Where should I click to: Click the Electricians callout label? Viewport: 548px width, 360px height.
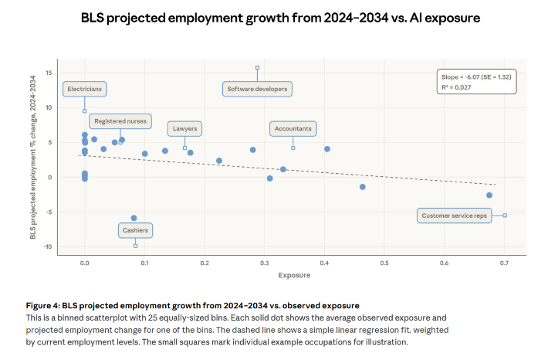(84, 90)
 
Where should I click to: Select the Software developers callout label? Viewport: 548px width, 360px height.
(257, 90)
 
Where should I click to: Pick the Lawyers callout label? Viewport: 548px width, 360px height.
(184, 128)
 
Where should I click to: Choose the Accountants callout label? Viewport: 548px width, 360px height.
(293, 128)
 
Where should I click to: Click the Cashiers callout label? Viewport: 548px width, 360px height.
(135, 230)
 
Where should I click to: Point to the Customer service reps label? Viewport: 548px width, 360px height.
(455, 216)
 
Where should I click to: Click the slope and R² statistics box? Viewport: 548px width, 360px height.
(476, 82)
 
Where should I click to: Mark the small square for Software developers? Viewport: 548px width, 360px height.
(257, 68)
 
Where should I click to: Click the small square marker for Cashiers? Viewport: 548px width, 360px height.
(135, 246)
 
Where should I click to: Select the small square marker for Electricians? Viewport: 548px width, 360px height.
(84, 111)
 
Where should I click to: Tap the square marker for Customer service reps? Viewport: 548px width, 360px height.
(505, 216)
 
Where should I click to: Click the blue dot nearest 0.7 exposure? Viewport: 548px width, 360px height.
(489, 195)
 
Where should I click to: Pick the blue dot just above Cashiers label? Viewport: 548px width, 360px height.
(134, 218)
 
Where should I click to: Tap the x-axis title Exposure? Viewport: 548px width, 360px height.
(293, 275)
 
